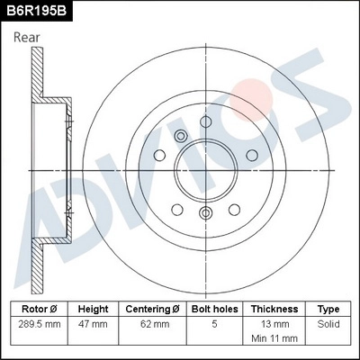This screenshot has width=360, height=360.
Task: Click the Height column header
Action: click(92, 308)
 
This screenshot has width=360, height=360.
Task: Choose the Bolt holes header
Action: click(212, 308)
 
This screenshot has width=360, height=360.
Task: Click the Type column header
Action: click(328, 308)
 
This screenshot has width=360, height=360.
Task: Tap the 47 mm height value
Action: click(92, 322)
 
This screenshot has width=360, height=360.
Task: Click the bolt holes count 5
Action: click(212, 322)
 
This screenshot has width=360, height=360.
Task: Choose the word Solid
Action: click(328, 322)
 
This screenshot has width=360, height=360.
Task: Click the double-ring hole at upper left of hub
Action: click(180, 136)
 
